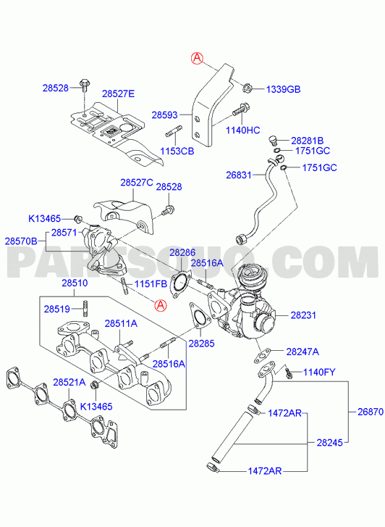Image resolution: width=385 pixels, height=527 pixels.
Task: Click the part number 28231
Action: [303, 315]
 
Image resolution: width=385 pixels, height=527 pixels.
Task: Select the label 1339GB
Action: [283, 89]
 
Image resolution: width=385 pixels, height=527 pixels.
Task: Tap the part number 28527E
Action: [118, 94]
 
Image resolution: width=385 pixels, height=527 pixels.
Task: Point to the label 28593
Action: [164, 115]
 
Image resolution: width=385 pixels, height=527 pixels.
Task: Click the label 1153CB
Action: [177, 151]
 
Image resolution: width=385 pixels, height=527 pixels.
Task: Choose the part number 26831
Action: [239, 175]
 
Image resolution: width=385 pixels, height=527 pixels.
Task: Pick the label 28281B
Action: [307, 141]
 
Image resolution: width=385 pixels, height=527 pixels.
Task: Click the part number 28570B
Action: [21, 241]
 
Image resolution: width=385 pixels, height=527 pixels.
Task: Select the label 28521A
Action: [69, 382]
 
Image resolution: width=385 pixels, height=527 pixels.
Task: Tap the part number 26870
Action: [371, 412]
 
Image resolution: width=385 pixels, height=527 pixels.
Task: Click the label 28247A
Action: [302, 352]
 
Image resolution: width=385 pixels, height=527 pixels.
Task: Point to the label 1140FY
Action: [319, 373]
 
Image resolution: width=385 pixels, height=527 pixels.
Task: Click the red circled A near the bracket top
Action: [197, 58]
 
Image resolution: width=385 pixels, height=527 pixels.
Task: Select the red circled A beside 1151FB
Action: [160, 305]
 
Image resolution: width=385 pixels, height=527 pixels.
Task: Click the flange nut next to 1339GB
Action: [247, 88]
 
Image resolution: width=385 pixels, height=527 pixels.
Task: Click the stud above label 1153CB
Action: [174, 130]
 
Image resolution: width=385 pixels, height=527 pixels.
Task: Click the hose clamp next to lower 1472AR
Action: [212, 467]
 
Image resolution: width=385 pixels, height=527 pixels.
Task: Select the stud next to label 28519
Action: [85, 308]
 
